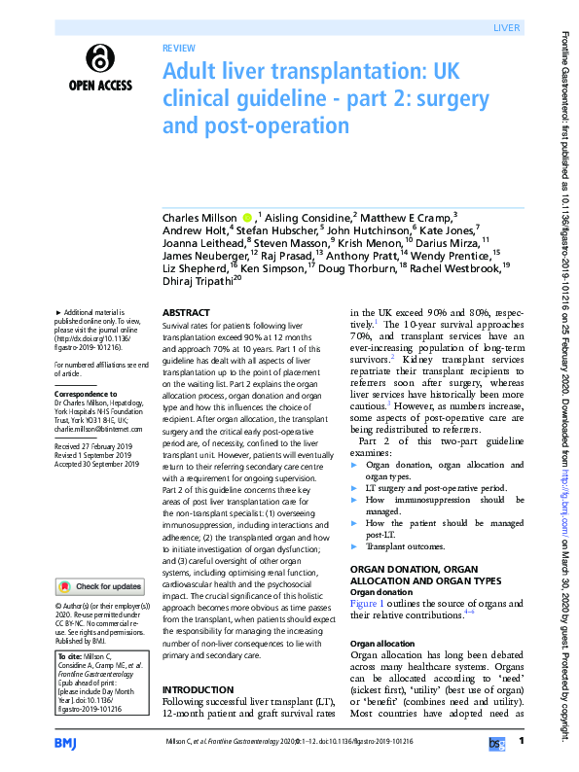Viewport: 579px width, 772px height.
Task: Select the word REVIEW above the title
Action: (179, 46)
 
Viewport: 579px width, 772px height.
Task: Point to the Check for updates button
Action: (101, 586)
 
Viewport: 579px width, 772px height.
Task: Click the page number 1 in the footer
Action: (523, 742)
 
